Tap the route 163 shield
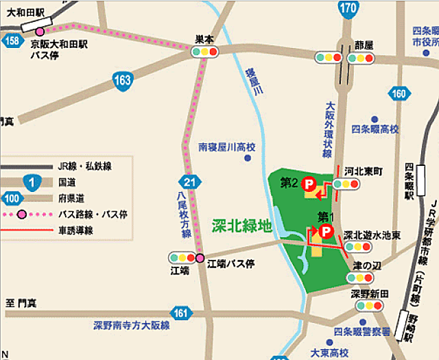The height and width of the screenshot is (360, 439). pyautogui.click(x=123, y=81)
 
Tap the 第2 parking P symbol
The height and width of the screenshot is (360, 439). pyautogui.click(x=309, y=183)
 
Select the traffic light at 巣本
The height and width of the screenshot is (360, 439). pyautogui.click(x=204, y=51)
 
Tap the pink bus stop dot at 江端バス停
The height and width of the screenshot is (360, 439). pyautogui.click(x=200, y=258)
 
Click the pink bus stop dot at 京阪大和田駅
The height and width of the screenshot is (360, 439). pyautogui.click(x=40, y=32)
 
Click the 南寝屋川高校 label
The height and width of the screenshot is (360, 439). pyautogui.click(x=226, y=147)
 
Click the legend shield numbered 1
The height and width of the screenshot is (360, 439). pyautogui.click(x=31, y=182)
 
